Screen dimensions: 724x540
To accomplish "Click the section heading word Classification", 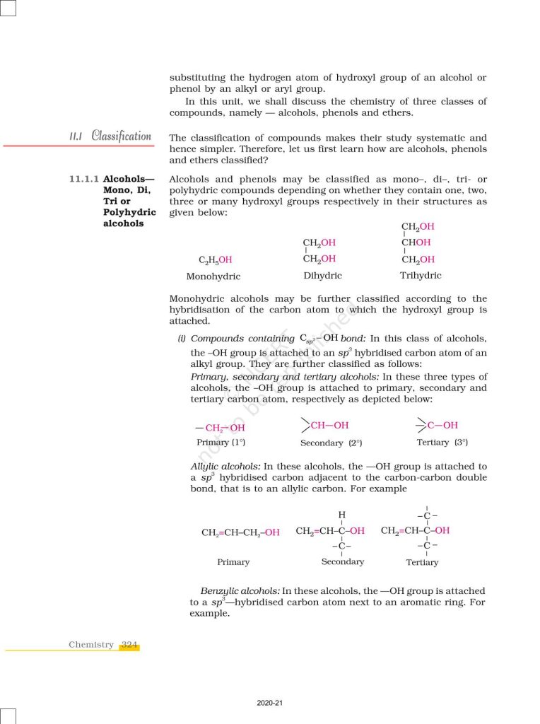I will tap(121, 136).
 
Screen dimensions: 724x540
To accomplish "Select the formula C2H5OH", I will tap(216, 260).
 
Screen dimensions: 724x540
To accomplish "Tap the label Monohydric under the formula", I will tap(213, 276).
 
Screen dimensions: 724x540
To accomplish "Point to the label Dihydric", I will tap(322, 276).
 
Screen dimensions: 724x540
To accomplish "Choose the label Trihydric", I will tap(421, 276).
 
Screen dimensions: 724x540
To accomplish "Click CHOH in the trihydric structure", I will tap(417, 243).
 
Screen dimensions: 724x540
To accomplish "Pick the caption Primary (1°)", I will tap(221, 443).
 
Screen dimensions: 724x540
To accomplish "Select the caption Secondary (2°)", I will tap(331, 443).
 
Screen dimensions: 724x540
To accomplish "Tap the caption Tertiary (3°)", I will tap(442, 443).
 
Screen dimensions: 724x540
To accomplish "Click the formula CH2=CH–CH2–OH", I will tap(240, 532).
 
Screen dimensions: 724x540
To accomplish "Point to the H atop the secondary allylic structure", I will tap(342, 514).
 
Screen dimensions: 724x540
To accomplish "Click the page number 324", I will tap(129, 645).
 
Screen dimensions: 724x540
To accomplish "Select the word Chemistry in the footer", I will tap(91, 645).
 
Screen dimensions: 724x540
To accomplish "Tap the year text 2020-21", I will tap(270, 703).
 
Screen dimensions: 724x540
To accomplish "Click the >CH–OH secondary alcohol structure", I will tap(324, 426).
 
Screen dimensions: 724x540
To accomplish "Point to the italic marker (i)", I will tap(182, 339).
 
